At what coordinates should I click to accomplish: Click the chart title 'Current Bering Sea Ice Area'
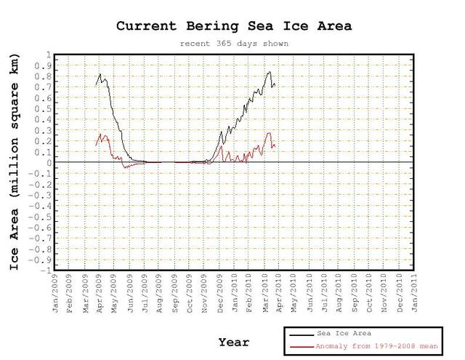pyautogui.click(x=234, y=25)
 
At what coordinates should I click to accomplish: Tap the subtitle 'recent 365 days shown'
pyautogui.click(x=234, y=44)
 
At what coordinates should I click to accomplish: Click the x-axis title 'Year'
pyautogui.click(x=234, y=342)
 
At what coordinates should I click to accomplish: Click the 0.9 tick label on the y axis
pyautogui.click(x=44, y=66)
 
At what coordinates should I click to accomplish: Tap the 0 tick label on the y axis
pyautogui.click(x=48, y=163)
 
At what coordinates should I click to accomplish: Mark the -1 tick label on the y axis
pyautogui.click(x=45, y=271)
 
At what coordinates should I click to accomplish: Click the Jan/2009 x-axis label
pyautogui.click(x=57, y=291)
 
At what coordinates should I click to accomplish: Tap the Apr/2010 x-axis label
pyautogui.click(x=280, y=291)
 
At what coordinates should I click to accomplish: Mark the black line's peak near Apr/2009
pyautogui.click(x=100, y=73)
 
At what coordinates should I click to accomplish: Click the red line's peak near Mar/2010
pyautogui.click(x=269, y=132)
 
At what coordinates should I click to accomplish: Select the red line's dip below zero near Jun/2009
pyautogui.click(x=125, y=167)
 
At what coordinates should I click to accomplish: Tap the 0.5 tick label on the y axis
pyautogui.click(x=44, y=109)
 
